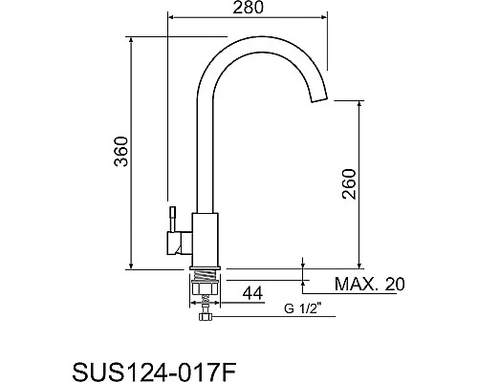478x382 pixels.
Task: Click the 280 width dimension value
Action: tap(249, 8)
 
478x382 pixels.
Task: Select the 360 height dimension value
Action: tap(121, 152)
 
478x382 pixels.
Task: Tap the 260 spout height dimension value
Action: tap(349, 184)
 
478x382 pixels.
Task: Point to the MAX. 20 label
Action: tap(369, 284)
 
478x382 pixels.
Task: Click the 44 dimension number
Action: tap(253, 293)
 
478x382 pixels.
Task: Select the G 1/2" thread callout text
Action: tap(303, 308)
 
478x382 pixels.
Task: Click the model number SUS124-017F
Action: tap(155, 371)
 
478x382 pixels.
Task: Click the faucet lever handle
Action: tap(173, 220)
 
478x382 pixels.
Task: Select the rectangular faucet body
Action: tap(206, 239)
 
